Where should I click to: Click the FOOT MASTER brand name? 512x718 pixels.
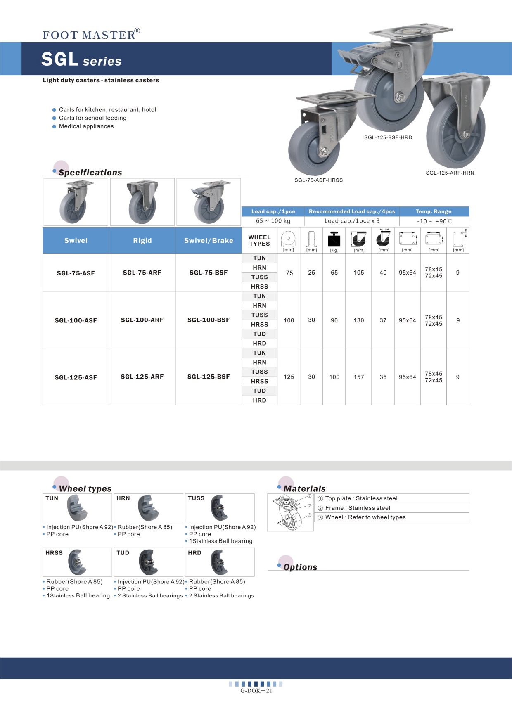point(89,35)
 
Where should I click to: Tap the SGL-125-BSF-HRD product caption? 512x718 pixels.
point(388,137)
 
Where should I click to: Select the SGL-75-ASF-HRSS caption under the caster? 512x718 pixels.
point(318,180)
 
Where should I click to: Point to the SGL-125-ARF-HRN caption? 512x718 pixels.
point(450,173)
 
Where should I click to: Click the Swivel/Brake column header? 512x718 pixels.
point(209,241)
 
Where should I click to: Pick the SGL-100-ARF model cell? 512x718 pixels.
point(142,320)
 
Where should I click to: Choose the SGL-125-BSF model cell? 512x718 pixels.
point(209,377)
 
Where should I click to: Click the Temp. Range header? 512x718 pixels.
point(433,211)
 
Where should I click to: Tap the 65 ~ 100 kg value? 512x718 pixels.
point(273,221)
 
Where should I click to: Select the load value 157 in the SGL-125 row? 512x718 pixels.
point(359,377)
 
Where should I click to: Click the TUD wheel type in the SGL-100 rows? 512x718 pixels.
point(259,334)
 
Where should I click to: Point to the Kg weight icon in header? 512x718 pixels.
point(334,239)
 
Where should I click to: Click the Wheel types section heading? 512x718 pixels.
point(85,488)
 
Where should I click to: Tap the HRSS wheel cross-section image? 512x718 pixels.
point(77,562)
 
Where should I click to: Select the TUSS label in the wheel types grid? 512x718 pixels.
point(196,498)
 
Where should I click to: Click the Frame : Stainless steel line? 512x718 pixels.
point(358,508)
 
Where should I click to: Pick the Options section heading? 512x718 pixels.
point(300,567)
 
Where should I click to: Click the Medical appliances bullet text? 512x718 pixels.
point(86,126)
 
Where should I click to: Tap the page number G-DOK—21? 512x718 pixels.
point(256,691)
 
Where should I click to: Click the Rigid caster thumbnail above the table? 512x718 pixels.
point(142,202)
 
